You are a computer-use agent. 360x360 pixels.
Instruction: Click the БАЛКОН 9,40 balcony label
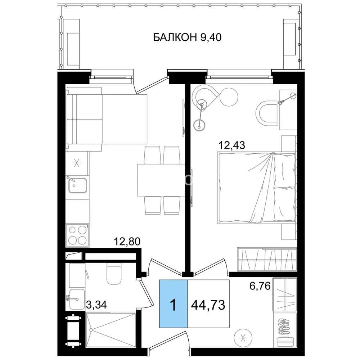pos(187,37)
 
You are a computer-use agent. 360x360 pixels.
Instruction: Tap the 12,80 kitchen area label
pos(127,242)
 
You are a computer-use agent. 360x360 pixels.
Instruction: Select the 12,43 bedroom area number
pos(232,145)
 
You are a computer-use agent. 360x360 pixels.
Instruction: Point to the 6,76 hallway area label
pos(260,286)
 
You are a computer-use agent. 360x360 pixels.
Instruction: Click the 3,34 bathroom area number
pos(96,305)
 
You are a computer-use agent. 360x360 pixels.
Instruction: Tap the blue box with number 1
pos(174,303)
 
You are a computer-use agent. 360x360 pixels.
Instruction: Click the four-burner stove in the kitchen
pos(77,235)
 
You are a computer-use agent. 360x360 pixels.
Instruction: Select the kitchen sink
pos(77,185)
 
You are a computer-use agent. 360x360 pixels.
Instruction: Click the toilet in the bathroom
pos(114,273)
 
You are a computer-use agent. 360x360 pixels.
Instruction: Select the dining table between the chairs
pos(161,180)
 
